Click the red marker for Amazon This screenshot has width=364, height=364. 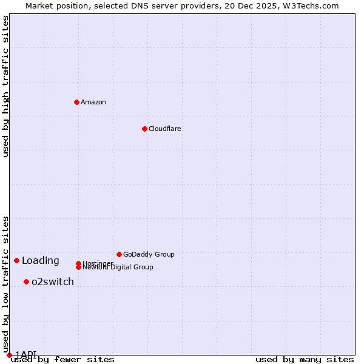pos(76,102)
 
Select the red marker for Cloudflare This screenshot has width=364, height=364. pos(144,129)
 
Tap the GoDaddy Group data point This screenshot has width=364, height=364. pos(119,254)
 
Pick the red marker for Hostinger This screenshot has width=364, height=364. pos(78,263)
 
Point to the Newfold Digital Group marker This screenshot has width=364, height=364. pos(78,268)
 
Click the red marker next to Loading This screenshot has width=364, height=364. pos(16,260)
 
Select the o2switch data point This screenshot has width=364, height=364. pos(26,281)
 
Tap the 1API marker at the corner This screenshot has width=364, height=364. pos(9,355)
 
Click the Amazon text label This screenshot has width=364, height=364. pos(93,102)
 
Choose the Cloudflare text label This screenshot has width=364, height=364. pos(165,129)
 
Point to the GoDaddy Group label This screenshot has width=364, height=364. pos(149,254)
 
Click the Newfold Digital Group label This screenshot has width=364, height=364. pos(118,268)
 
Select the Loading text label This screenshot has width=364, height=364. pos(41,261)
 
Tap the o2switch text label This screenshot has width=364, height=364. pos(53,282)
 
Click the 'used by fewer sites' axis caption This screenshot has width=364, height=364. pos(62,360)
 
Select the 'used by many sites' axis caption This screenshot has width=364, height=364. pos(305,360)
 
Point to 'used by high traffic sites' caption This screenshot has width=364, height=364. pos(5,86)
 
